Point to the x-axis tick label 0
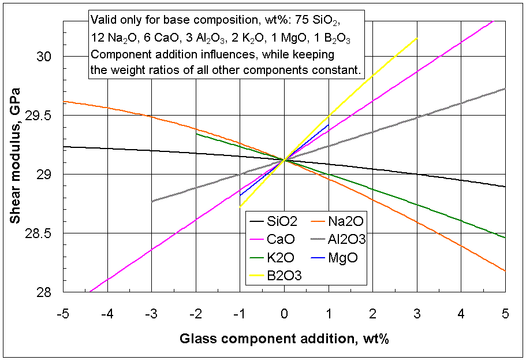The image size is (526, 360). pyautogui.click(x=284, y=314)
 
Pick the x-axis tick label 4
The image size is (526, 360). pyautogui.click(x=461, y=314)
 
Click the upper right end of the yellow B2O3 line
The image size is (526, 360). pyautogui.click(x=416, y=39)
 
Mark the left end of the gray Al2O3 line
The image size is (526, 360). pyautogui.click(x=152, y=201)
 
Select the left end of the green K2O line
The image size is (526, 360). pyautogui.click(x=196, y=133)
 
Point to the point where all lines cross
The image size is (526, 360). pyautogui.click(x=284, y=160)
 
